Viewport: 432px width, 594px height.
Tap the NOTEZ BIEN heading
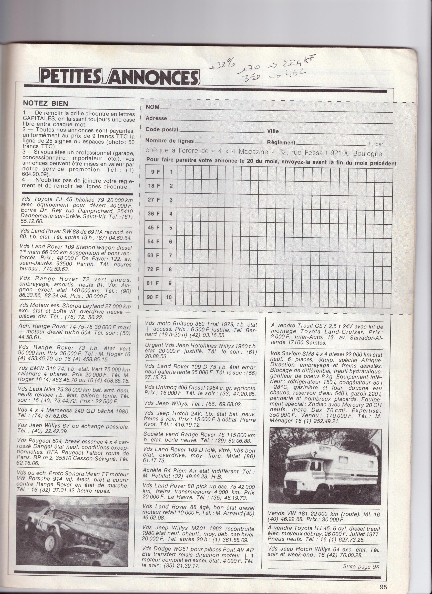(45, 103)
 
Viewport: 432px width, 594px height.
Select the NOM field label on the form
(153, 107)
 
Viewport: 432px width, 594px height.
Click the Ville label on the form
(273, 131)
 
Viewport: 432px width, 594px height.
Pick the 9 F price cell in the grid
(153, 172)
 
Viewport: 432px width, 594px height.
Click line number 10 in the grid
(169, 297)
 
